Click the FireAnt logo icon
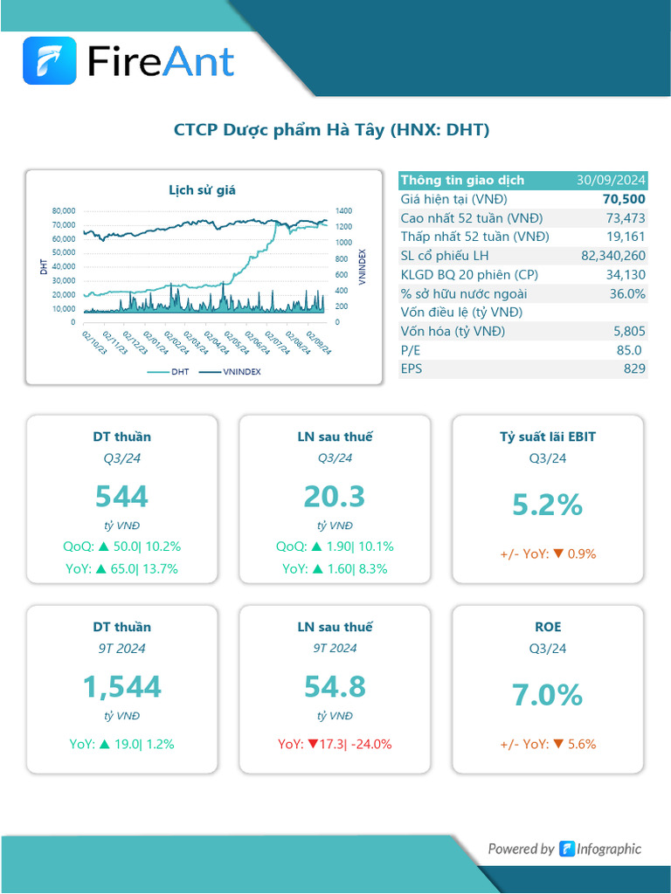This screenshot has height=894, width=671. [50, 60]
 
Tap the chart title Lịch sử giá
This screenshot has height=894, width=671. [202, 189]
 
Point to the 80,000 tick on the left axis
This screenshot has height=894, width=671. [64, 210]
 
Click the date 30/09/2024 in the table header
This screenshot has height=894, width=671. [611, 180]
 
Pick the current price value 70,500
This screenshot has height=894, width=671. [624, 199]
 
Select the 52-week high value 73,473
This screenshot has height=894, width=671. [626, 217]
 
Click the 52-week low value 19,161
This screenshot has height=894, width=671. [626, 237]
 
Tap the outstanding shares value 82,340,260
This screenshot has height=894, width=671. [612, 255]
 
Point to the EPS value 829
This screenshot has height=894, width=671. [634, 368]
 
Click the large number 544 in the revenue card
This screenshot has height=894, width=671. [121, 496]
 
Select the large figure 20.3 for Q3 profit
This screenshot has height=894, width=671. [334, 496]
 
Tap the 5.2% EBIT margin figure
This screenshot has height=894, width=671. [547, 505]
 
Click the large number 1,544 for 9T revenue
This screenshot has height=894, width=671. [121, 686]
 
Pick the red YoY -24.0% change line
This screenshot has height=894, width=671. [335, 745]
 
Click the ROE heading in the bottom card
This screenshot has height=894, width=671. [548, 627]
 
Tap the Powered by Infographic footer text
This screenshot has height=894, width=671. [564, 849]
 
